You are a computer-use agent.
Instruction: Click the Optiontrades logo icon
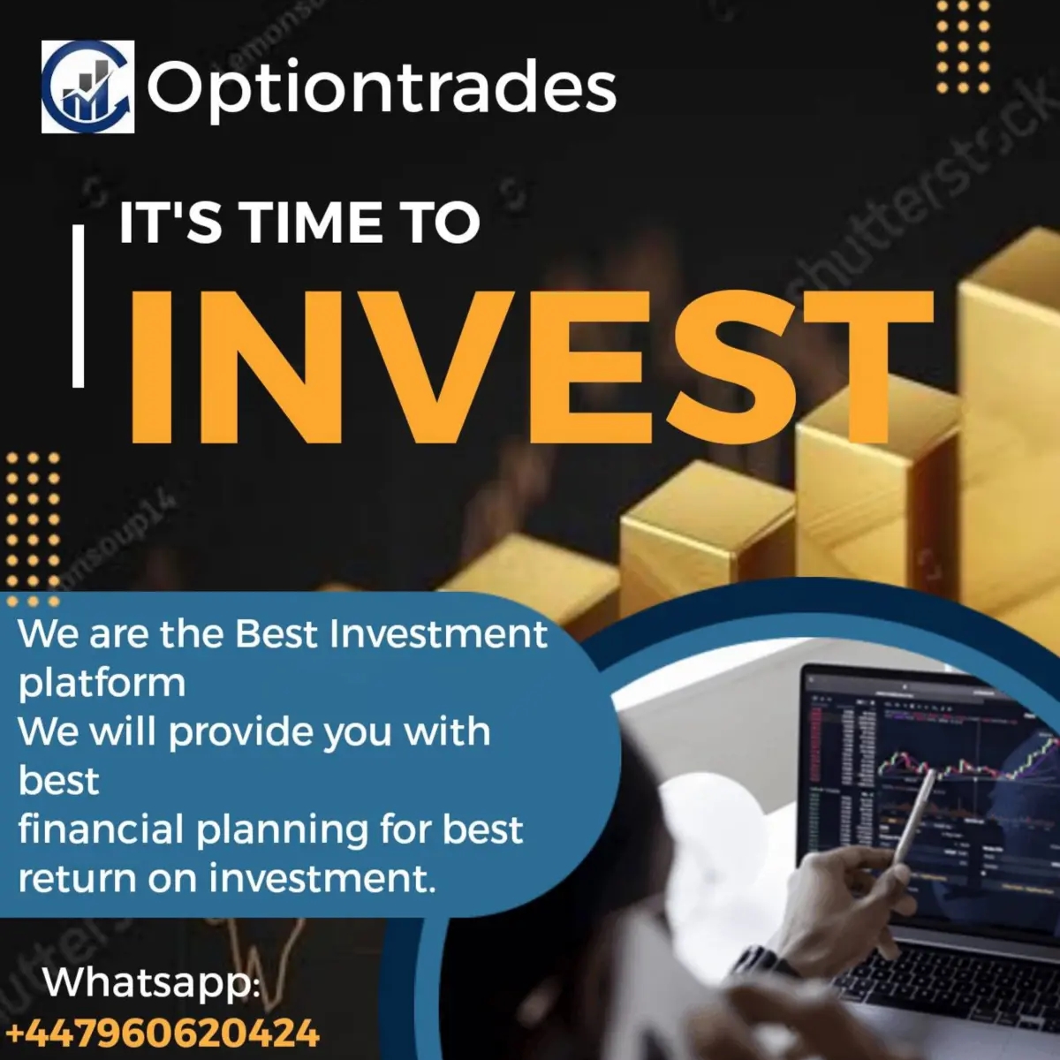pyautogui.click(x=87, y=87)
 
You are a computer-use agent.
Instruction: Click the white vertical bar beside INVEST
pyautogui.click(x=79, y=306)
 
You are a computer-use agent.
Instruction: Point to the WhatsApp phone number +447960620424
pyautogui.click(x=163, y=1033)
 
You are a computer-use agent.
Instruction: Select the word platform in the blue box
pyautogui.click(x=102, y=683)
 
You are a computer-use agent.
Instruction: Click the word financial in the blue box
pyautogui.click(x=100, y=829)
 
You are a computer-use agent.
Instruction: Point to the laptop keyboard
pyautogui.click(x=954, y=980)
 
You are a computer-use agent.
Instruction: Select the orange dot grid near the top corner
pyautogui.click(x=963, y=46)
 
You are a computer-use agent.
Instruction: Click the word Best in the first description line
pyautogui.click(x=275, y=634)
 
